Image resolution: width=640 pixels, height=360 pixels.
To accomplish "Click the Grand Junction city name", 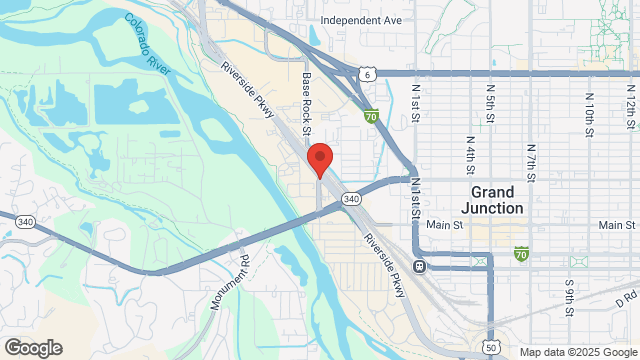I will tap(492, 200).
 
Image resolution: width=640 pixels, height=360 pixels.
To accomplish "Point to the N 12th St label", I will tap(630, 104).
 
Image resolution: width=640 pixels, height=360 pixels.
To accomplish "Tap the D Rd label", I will tap(627, 298).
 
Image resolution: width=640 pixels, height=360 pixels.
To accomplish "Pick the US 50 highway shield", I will tap(490, 347).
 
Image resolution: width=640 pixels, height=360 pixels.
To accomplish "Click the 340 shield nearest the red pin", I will tap(350, 199).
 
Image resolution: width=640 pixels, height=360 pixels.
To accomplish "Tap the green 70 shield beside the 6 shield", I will tap(371, 116).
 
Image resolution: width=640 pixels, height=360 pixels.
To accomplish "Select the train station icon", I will tap(419, 266).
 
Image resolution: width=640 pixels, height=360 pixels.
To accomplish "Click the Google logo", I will tap(32, 348).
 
